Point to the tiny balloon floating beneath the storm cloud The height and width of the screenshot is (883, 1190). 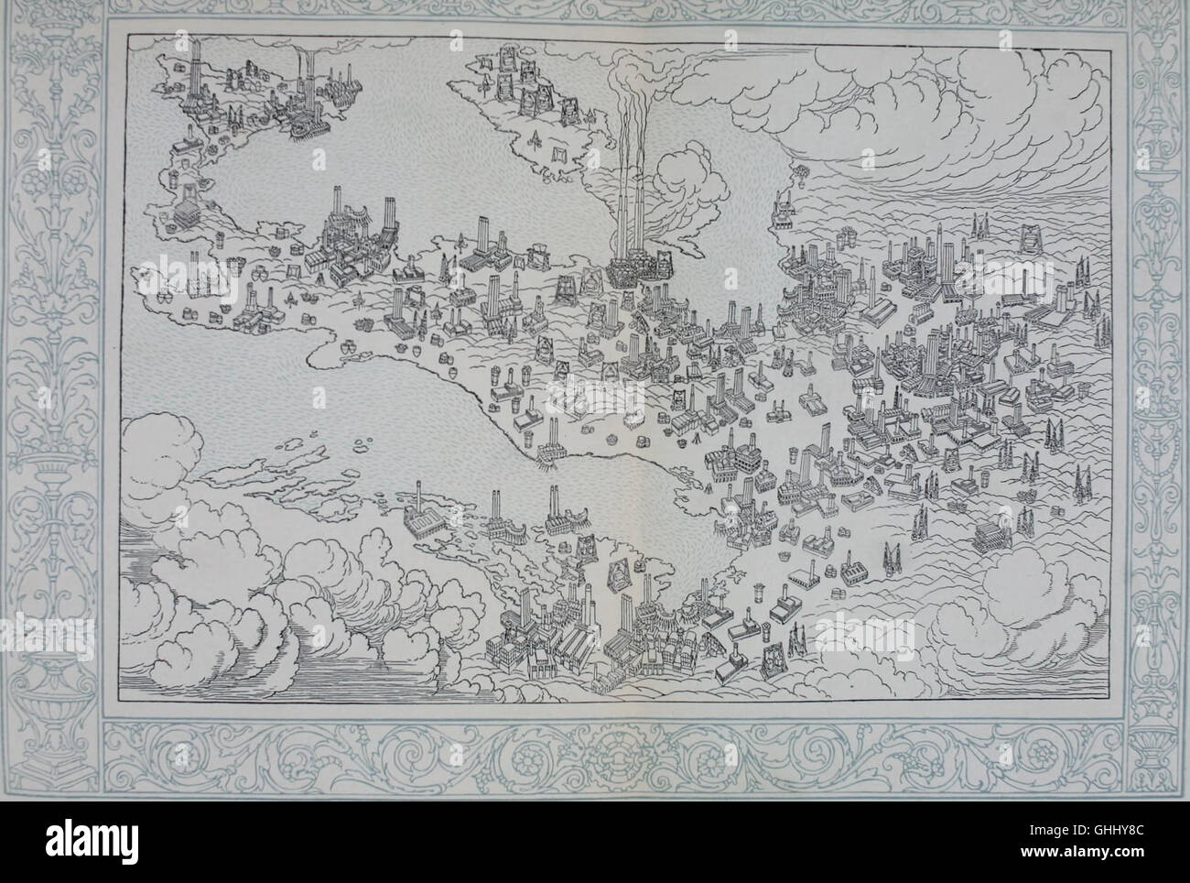tap(803, 170)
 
